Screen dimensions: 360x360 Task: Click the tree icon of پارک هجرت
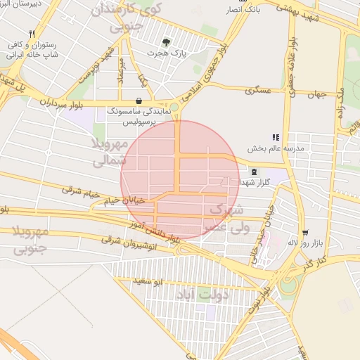coord(166,41)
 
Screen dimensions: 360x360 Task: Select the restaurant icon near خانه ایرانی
coord(32,34)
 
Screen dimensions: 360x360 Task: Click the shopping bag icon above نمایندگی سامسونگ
coord(139,101)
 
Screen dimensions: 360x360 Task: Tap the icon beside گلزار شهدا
coord(253,172)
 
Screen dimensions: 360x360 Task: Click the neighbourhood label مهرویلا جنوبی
coord(30,239)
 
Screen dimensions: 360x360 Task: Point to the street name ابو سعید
coord(149,281)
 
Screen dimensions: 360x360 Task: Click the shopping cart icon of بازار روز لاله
coord(304,233)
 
